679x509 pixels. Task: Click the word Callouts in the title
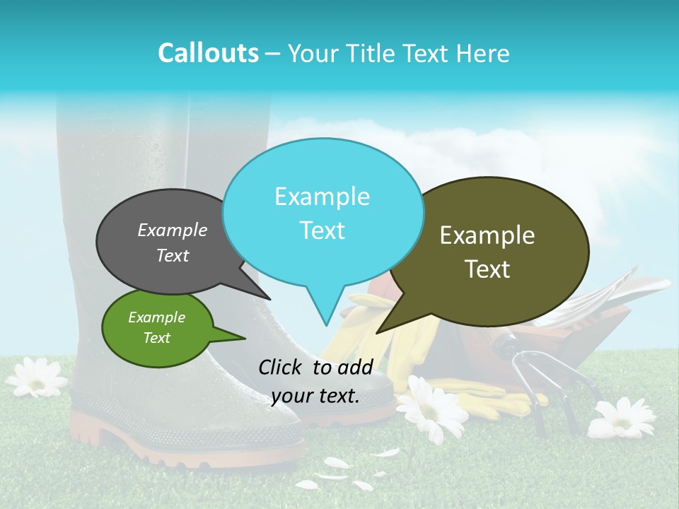208,53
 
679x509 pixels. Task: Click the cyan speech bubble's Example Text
323,213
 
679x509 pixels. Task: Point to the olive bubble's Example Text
487,252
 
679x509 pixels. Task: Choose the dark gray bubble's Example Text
173,242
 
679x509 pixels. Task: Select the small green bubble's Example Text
156,327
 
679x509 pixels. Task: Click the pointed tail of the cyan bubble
325,317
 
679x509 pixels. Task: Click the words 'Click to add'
315,367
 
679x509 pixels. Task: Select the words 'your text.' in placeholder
315,396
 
